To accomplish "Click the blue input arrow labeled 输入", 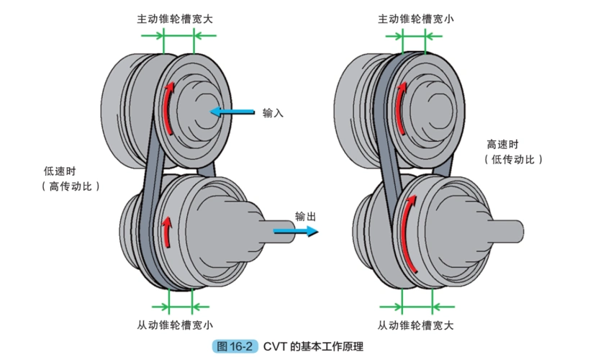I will (x=232, y=112).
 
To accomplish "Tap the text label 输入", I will (x=273, y=113).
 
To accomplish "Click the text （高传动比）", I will (x=70, y=186).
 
